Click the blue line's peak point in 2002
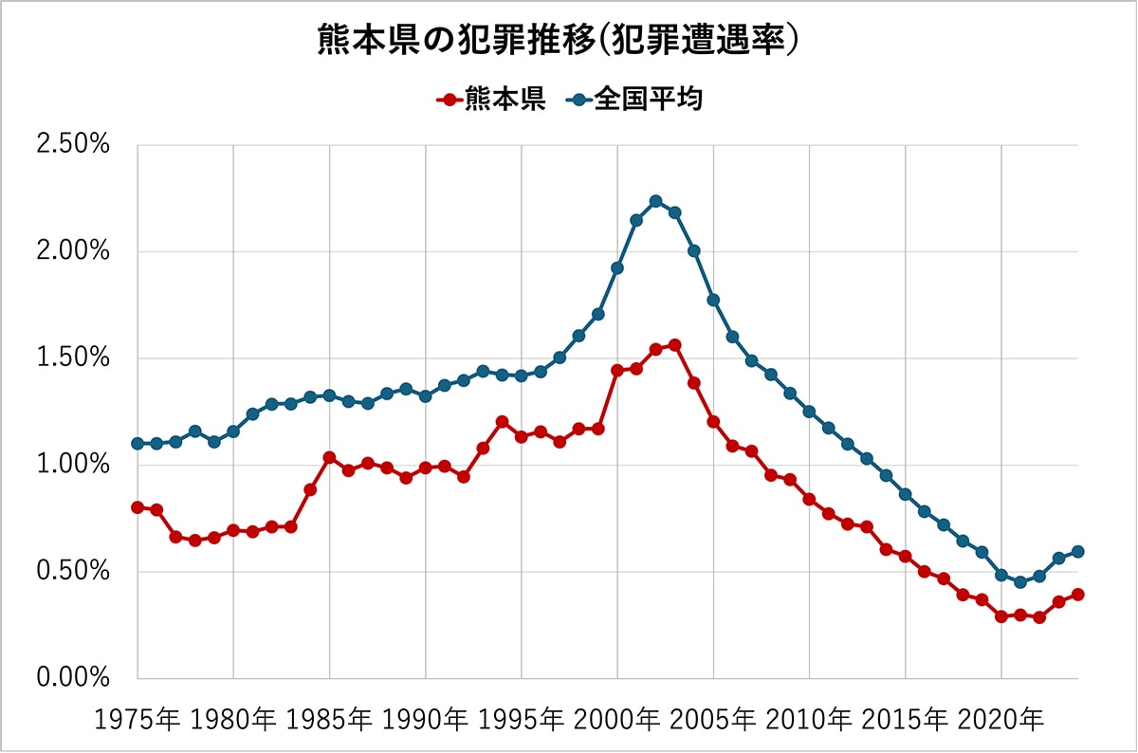click(655, 201)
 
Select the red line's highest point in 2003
click(675, 345)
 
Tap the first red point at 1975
click(138, 507)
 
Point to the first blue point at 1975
click(138, 444)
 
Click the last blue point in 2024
click(1078, 552)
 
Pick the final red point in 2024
click(1078, 595)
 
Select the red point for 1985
click(329, 457)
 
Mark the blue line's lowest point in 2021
click(1020, 582)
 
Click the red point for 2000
click(617, 370)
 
